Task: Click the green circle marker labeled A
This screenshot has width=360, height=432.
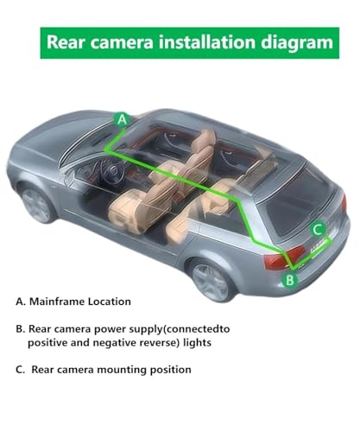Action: [122, 119]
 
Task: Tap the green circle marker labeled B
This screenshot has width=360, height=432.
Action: [290, 279]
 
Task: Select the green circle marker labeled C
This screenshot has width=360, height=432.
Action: [318, 230]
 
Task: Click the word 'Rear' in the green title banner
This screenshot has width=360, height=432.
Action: [66, 42]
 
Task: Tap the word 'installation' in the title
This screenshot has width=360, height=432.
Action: [207, 41]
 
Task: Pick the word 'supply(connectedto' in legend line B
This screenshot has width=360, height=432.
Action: [180, 329]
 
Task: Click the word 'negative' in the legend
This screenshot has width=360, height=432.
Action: [115, 343]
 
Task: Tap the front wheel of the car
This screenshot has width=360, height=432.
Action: [37, 204]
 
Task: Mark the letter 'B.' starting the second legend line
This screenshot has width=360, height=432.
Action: [21, 329]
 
